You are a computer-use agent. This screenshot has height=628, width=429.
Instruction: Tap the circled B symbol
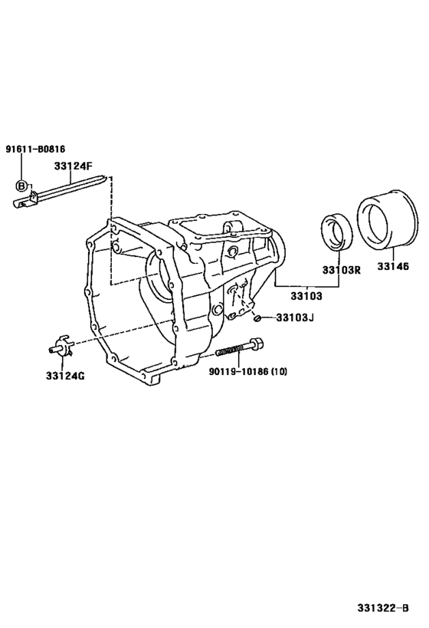[22, 186]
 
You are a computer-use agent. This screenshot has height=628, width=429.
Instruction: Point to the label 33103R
[341, 270]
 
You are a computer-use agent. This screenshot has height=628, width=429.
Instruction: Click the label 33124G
[65, 376]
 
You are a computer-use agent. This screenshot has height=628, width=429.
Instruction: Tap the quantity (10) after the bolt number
[277, 372]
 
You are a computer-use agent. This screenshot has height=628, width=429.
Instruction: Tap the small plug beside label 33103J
[259, 317]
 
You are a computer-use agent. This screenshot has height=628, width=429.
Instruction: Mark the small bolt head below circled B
[21, 203]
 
